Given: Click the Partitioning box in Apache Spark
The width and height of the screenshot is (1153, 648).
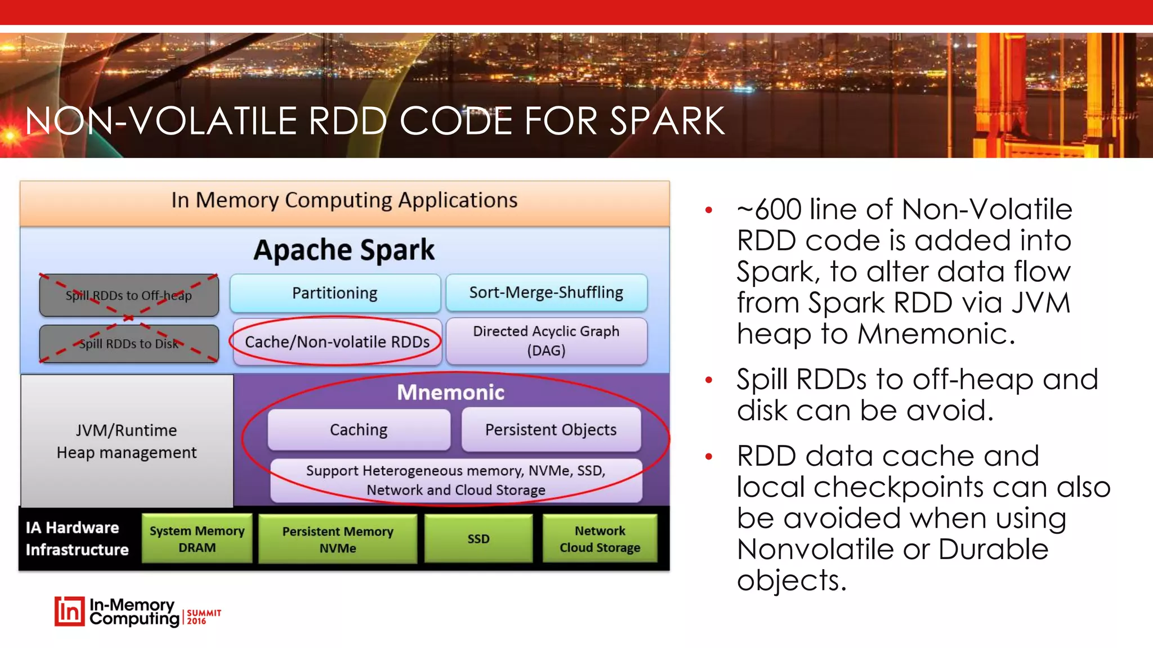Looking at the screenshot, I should (x=335, y=293).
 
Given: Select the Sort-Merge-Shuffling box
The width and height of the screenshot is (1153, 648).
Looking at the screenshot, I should (x=546, y=292).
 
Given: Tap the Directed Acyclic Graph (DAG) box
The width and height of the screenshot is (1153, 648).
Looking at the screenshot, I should (x=546, y=341).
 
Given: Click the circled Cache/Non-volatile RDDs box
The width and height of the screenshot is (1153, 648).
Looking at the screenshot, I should (x=337, y=341).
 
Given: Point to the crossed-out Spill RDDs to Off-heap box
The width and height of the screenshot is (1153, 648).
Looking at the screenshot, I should (x=128, y=295).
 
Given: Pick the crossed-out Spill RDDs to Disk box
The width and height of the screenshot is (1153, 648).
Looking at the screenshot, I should (x=128, y=344).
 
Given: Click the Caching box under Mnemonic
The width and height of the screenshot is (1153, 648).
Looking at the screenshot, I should (x=359, y=430).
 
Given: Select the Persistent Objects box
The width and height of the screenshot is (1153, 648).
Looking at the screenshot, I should (x=551, y=430).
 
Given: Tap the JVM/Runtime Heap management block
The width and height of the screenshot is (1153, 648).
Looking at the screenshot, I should (x=127, y=442).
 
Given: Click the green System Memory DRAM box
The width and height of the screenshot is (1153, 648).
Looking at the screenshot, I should (x=196, y=539).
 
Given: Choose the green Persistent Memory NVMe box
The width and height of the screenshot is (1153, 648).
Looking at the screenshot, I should (x=337, y=539).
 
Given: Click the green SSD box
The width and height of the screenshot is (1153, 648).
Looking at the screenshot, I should (x=478, y=539).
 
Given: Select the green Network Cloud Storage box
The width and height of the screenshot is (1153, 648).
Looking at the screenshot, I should (x=600, y=539).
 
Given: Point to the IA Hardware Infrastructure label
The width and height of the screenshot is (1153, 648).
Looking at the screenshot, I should (x=77, y=538).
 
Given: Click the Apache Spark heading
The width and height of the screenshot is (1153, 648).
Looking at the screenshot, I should (x=344, y=250).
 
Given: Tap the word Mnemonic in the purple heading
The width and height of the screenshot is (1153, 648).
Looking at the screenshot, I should (x=450, y=392).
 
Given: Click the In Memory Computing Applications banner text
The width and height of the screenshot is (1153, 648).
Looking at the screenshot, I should (x=344, y=200).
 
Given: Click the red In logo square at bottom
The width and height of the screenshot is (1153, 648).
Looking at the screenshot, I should (x=69, y=611).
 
